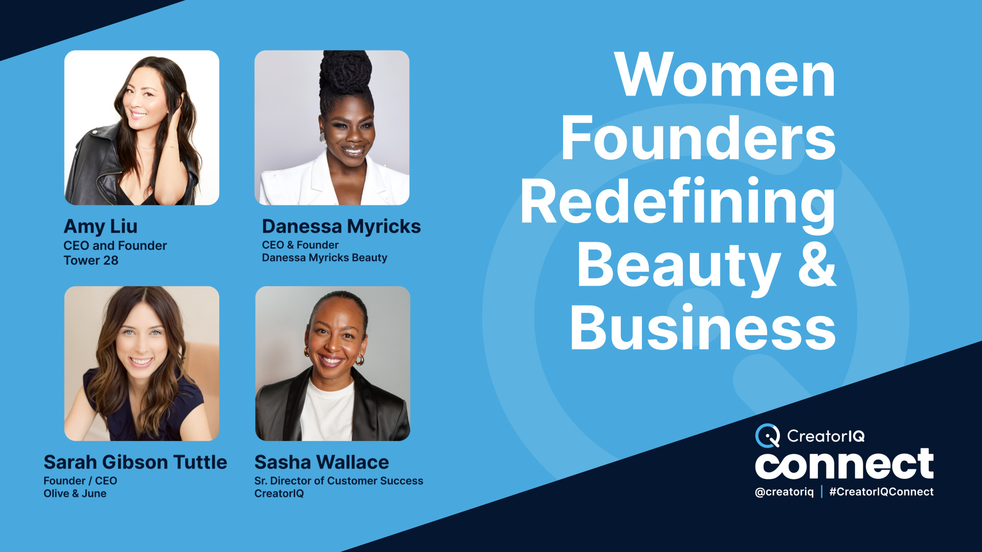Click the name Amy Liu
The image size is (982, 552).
tap(100, 226)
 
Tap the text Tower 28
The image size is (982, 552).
tap(91, 261)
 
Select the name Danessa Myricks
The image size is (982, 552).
tap(341, 226)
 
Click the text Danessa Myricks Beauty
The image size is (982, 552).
tap(324, 258)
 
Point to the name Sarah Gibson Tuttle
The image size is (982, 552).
tap(135, 463)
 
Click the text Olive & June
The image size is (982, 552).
tap(75, 494)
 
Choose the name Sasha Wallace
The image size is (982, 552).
tap(321, 463)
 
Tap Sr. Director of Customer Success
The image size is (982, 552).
tap(339, 481)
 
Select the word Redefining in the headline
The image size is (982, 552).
tap(678, 203)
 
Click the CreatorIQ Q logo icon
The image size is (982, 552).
tap(767, 436)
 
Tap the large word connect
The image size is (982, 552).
tap(844, 464)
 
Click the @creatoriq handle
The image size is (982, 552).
tap(784, 492)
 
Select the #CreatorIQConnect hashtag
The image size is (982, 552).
tap(881, 492)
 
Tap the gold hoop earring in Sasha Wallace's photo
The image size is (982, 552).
tap(360, 360)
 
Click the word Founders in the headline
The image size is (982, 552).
tap(698, 139)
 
